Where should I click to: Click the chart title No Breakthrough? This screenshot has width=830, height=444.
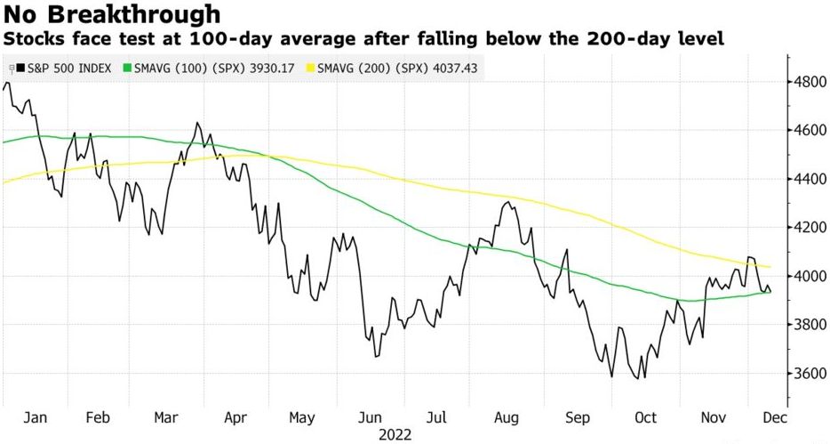coord(112,14)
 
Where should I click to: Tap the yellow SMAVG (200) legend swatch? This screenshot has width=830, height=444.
coord(311,68)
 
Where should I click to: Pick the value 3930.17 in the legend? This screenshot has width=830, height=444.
coord(269,68)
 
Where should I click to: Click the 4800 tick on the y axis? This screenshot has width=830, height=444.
coord(810,82)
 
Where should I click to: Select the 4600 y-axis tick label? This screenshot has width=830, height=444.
coord(810,131)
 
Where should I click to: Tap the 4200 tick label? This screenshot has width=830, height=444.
coord(810,228)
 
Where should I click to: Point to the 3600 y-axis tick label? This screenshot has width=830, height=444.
coord(810,374)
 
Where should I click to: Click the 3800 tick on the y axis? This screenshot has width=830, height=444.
coord(810,325)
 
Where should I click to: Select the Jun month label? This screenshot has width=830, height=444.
coord(370,417)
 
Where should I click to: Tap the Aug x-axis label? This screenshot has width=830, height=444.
coord(507,417)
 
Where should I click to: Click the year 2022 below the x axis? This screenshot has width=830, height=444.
coord(396,435)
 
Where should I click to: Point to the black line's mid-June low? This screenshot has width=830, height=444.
coord(376,356)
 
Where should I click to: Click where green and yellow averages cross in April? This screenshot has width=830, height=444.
coord(264,156)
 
